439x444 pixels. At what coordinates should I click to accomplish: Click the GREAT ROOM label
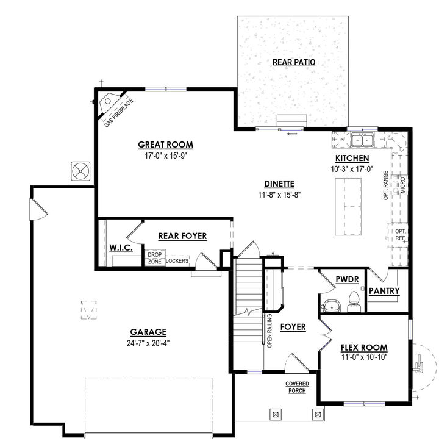pyautogui.click(x=165, y=145)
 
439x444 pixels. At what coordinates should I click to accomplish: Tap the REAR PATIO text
pyautogui.click(x=294, y=62)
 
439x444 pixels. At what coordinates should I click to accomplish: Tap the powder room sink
pyautogui.click(x=330, y=305)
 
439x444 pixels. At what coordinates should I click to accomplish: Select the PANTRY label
pyautogui.click(x=385, y=291)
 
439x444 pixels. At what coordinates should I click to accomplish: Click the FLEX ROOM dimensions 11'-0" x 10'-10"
pyautogui.click(x=364, y=357)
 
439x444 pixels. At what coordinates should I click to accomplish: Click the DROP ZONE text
pyautogui.click(x=154, y=258)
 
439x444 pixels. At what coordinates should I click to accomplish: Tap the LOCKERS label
pyautogui.click(x=177, y=261)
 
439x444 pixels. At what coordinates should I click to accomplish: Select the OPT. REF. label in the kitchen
pyautogui.click(x=400, y=235)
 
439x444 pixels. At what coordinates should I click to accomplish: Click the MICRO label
pyautogui.click(x=402, y=185)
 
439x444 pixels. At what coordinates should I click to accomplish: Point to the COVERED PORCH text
pyautogui.click(x=297, y=387)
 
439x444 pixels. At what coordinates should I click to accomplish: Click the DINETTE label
pyautogui.click(x=280, y=183)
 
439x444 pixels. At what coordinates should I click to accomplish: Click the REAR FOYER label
pyautogui.click(x=182, y=235)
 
